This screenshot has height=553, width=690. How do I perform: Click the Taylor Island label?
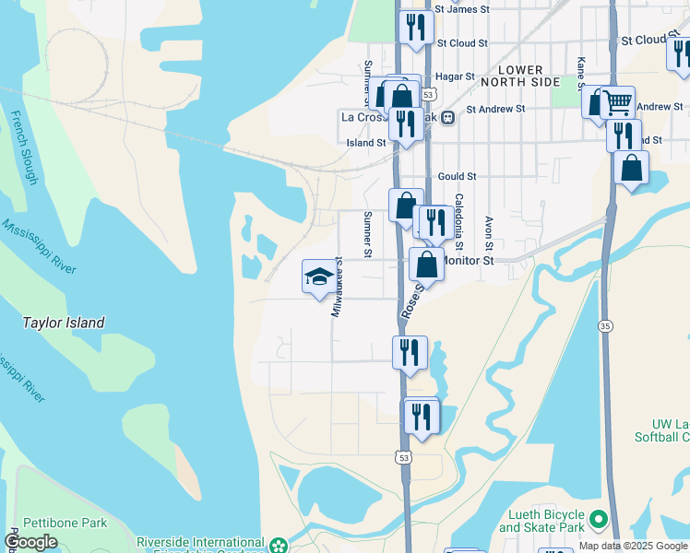click(64, 323)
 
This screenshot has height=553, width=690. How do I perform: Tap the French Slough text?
click(22, 147)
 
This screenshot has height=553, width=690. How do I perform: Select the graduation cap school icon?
click(319, 276)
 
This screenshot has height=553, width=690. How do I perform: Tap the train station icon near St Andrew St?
click(447, 117)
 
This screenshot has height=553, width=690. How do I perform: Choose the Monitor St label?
click(470, 261)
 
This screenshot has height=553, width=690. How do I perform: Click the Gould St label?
click(457, 176)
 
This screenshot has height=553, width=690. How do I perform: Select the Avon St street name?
click(489, 234)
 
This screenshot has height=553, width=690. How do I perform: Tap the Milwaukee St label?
click(337, 287)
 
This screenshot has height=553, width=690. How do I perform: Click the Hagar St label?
click(456, 76)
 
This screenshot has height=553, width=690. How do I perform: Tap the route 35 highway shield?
click(605, 325)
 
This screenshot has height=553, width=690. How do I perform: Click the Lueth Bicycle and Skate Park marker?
click(599, 520)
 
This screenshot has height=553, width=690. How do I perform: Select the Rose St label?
click(411, 302)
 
